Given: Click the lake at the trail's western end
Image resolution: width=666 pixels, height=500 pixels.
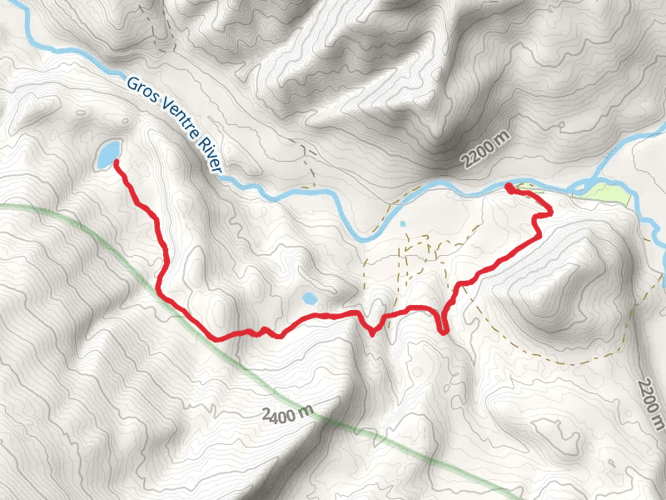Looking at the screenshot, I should (107, 153).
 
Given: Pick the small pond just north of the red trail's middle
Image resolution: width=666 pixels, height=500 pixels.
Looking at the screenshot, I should (309, 298).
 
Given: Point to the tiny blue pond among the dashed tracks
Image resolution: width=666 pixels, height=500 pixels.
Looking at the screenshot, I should (403, 224).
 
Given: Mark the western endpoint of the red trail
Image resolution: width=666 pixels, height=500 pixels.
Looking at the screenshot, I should (115, 162).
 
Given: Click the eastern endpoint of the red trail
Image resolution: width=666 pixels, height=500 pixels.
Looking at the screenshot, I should (508, 187).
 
